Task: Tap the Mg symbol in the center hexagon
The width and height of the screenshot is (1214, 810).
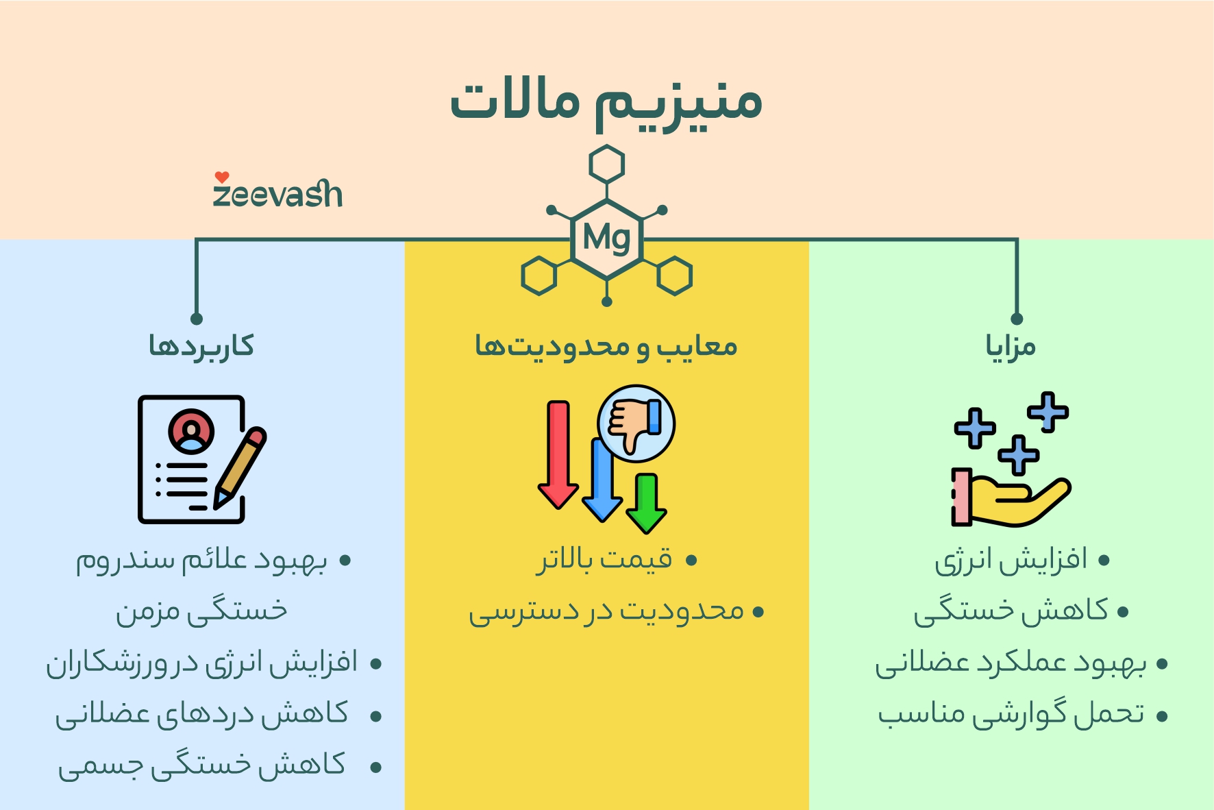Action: tap(606, 238)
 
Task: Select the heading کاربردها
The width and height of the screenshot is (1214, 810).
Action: tap(201, 346)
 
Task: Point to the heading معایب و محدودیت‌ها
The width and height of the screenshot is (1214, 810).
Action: tap(606, 346)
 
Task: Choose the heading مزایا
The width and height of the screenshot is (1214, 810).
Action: tap(1011, 346)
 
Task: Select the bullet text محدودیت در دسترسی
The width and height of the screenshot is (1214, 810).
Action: tap(606, 611)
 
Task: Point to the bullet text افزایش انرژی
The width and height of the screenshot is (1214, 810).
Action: tap(1011, 561)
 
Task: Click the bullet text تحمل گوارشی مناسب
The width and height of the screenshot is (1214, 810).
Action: tap(1011, 715)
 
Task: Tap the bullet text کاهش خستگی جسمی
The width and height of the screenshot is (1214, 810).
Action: tap(202, 766)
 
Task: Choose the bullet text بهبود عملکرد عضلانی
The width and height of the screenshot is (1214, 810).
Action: tap(1011, 663)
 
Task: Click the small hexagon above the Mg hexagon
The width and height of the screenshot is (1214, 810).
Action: tap(606, 164)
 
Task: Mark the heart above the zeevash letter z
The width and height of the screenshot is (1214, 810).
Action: tap(221, 177)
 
